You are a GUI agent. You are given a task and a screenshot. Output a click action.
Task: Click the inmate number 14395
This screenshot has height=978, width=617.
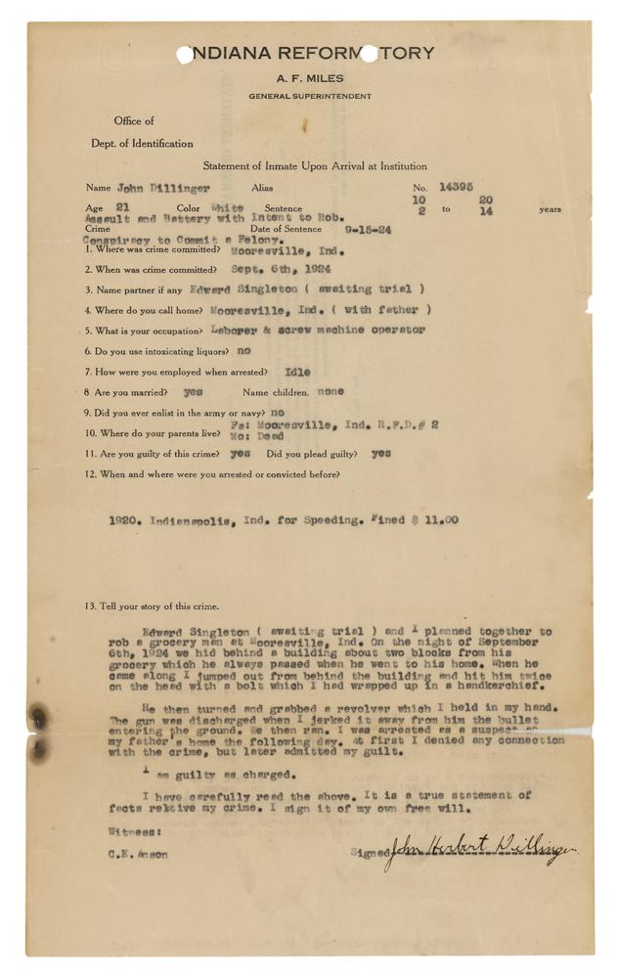click(456, 185)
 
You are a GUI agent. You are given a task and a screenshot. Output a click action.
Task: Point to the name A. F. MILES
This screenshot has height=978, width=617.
click(307, 77)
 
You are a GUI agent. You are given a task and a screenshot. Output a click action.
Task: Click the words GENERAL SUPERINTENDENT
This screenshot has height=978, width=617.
click(308, 96)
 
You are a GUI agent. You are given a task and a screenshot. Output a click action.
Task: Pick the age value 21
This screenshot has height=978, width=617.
click(122, 208)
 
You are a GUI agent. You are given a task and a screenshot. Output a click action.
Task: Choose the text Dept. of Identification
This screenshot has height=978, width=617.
click(142, 144)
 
